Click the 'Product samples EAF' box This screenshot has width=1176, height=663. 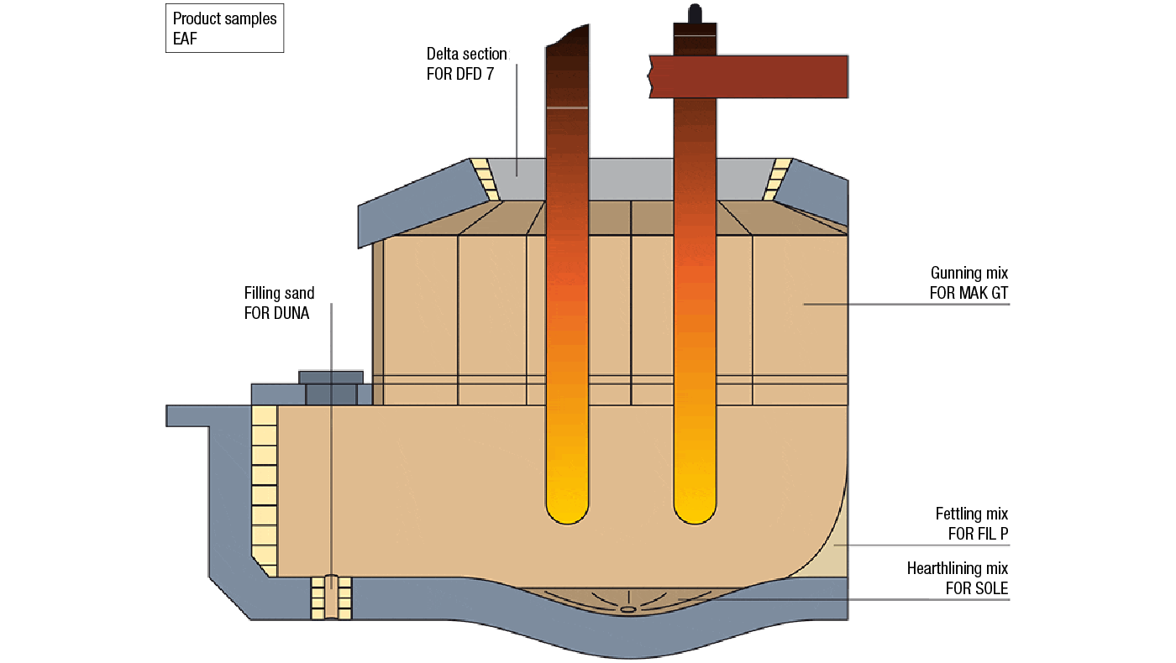[x=224, y=29]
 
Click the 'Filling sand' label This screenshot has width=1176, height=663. [x=279, y=293]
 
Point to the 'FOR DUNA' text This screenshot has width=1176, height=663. [x=276, y=313]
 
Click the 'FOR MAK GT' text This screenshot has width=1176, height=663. [x=968, y=293]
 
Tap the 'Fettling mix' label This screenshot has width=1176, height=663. [x=971, y=514]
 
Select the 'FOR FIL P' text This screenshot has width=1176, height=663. [x=972, y=534]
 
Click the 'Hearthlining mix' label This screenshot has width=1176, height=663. [x=957, y=569]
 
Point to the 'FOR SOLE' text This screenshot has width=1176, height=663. [x=976, y=589]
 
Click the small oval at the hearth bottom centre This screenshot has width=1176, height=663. [x=627, y=609]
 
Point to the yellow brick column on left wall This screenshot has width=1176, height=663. [x=265, y=487]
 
